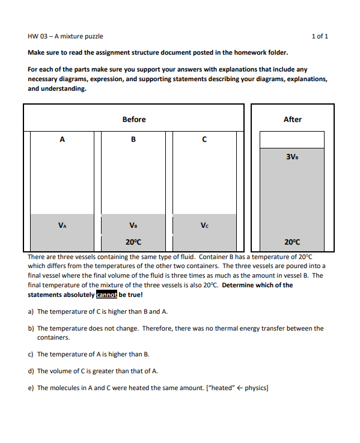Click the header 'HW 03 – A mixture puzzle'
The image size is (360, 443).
[66, 36]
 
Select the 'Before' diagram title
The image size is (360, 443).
[133, 119]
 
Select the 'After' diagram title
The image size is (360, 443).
[292, 119]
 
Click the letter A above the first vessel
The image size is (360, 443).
[62, 139]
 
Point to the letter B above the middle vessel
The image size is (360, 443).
[133, 139]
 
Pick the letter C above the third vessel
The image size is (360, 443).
[204, 139]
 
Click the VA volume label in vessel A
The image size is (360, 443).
[62, 226]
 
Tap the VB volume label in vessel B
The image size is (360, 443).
[133, 226]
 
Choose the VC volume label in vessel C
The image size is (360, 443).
[204, 226]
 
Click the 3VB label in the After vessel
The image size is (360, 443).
[292, 157]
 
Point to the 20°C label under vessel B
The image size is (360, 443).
[133, 242]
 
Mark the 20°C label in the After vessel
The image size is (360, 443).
[292, 242]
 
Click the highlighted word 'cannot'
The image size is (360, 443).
[107, 295]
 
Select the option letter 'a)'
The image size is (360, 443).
[31, 311]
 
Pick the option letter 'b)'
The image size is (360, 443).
[31, 328]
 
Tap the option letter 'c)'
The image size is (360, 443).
[31, 354]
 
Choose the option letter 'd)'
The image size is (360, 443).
[31, 371]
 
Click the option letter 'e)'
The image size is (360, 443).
[31, 388]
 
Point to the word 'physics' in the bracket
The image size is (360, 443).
[255, 388]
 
